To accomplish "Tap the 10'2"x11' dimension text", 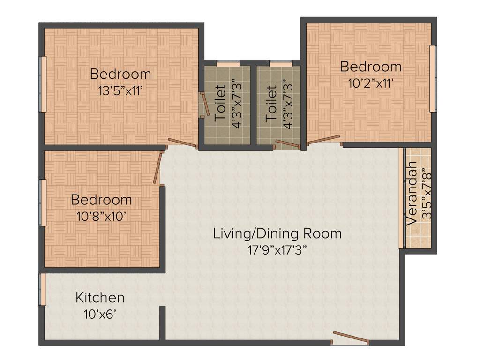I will [x=370, y=83].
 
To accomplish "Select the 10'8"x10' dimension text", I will [x=101, y=217].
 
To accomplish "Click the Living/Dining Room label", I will [x=277, y=233].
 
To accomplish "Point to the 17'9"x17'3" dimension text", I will [x=277, y=250].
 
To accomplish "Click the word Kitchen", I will [x=100, y=298].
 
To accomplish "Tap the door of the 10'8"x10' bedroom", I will [x=158, y=167].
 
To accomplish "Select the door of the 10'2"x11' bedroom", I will [x=323, y=139].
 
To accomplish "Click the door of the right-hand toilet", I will [x=287, y=143].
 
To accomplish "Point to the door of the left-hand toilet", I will [x=205, y=104].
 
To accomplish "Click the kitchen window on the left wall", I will [x=43, y=289].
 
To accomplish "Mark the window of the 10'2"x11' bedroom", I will [x=433, y=79].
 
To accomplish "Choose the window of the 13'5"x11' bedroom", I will [x=43, y=84].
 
